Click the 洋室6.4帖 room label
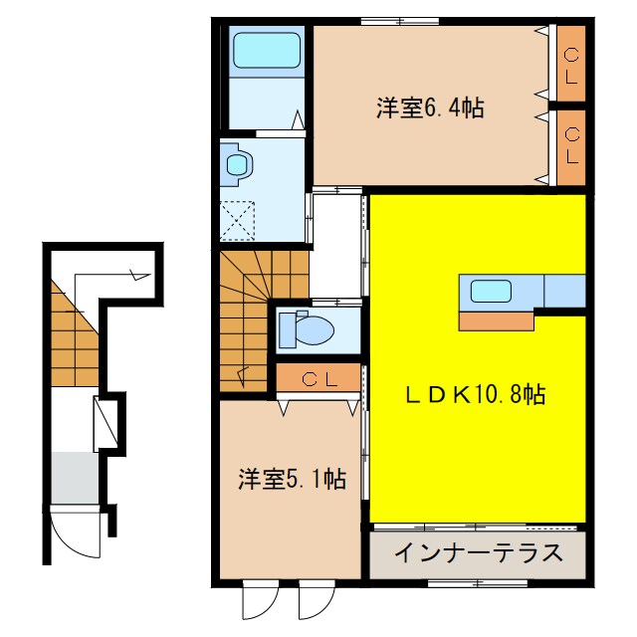point(430,108)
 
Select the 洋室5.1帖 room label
point(292,480)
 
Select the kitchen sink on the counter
point(491,291)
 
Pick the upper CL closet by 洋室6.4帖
point(571,64)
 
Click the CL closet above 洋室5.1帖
point(318,378)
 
